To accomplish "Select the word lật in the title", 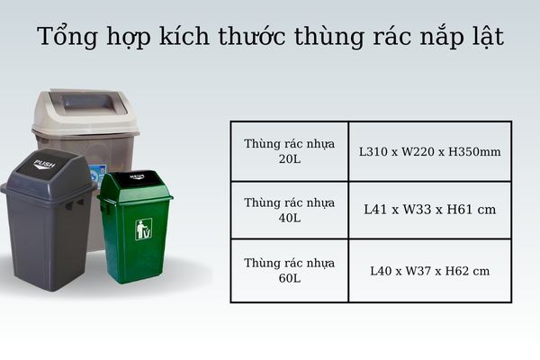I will [x=482, y=39].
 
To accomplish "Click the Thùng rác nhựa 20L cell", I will [x=289, y=151].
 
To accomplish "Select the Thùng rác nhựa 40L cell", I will [x=289, y=210].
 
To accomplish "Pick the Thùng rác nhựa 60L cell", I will [x=289, y=270].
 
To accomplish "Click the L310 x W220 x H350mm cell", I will [x=429, y=151].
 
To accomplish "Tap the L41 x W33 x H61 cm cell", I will [x=429, y=210].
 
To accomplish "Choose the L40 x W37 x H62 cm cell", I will [x=429, y=270].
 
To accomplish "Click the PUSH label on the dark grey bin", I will [x=44, y=164].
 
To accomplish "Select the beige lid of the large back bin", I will [x=85, y=109].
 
